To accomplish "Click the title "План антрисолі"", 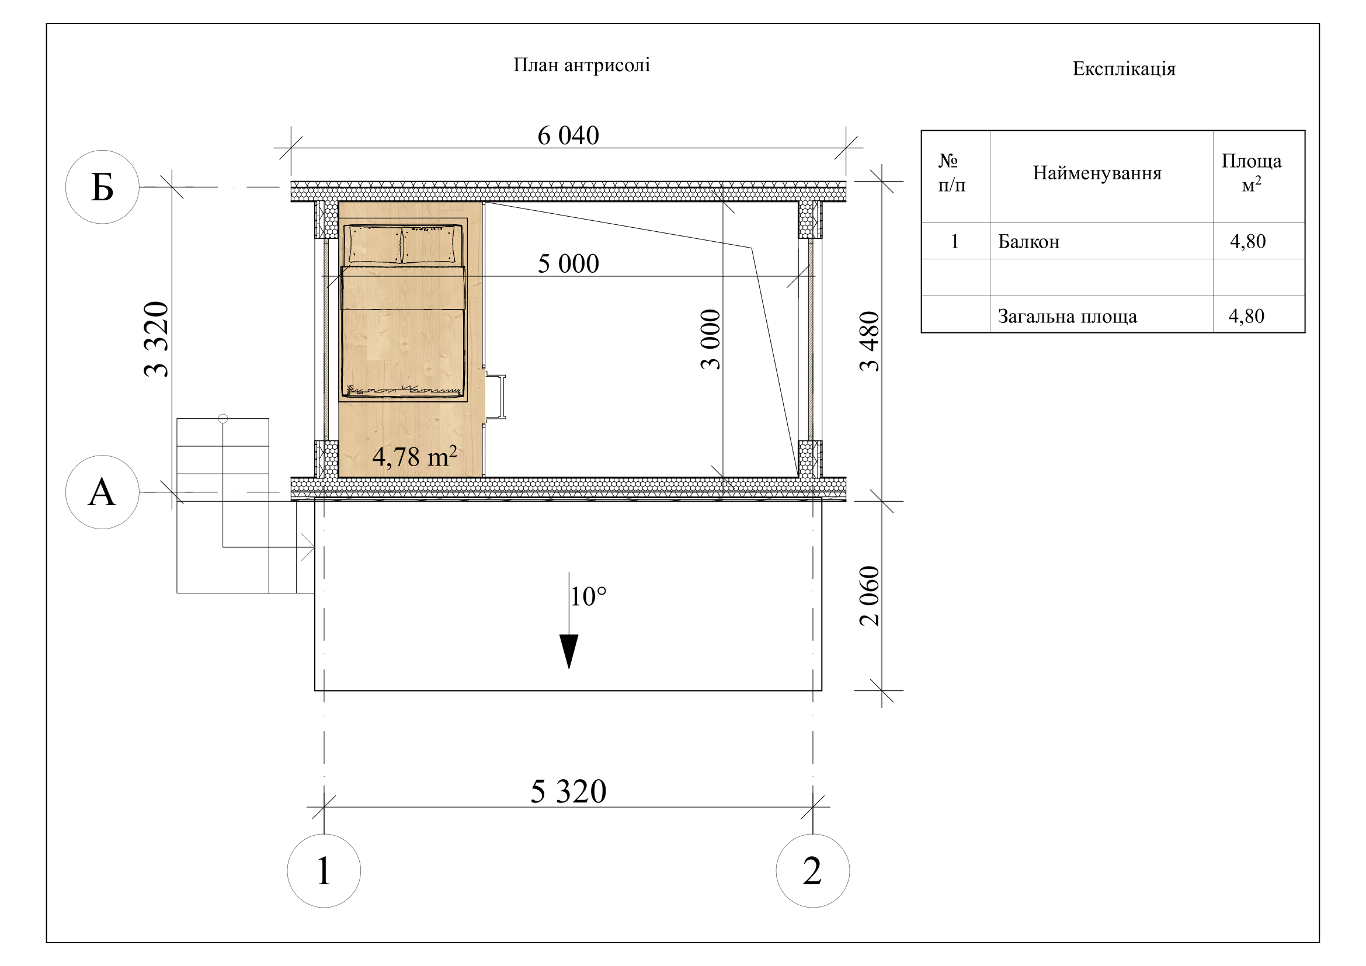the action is point(581,65).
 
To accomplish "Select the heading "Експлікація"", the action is point(1124,69).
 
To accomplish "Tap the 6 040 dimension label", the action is point(568,135).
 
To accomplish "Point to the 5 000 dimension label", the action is point(568,263).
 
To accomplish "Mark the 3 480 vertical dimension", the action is point(869,341).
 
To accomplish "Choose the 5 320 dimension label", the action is point(568,792).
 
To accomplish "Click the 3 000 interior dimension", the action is point(710,339).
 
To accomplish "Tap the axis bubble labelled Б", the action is point(102,187).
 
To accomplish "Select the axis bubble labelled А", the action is point(102,492).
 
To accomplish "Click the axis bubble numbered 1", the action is point(324,871).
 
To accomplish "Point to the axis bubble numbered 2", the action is point(813,871).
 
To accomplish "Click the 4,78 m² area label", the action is point(415,456).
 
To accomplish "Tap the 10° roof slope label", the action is point(589,597).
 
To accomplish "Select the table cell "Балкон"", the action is point(1028,242).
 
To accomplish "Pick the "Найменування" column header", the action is point(1097,173).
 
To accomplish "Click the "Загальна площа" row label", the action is point(1068,317).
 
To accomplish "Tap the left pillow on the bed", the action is point(375,244).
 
